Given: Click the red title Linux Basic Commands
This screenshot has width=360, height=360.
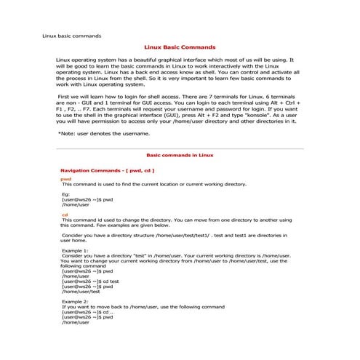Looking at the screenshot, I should tap(180, 46).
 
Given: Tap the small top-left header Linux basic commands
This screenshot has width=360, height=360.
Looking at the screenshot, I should tap(71, 35).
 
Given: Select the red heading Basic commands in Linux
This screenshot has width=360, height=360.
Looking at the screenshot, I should tap(180, 156).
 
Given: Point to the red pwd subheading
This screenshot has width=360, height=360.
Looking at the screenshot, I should tap(65, 179).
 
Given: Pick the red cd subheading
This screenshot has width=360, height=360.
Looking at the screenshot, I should tap(65, 215).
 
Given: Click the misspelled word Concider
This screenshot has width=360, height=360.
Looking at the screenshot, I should tap(76, 236).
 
